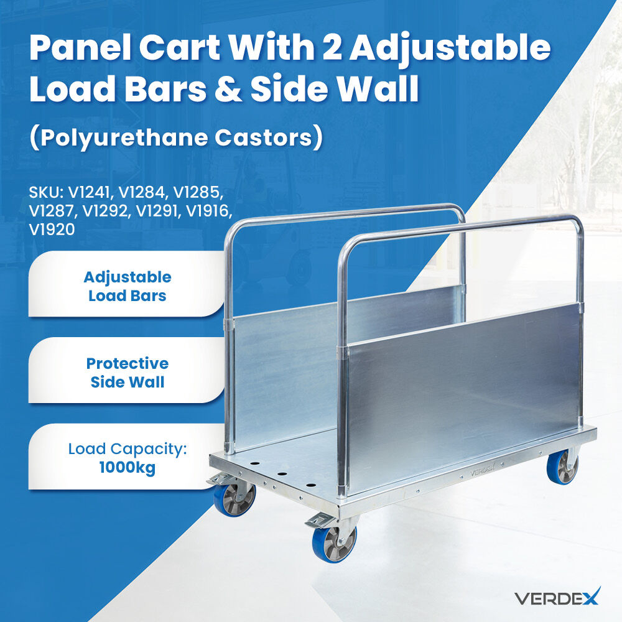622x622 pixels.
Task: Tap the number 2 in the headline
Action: click(x=332, y=47)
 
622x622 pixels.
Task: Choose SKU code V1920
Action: click(x=52, y=230)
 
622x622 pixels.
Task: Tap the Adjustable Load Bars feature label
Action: click(x=128, y=286)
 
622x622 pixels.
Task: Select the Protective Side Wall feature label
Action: click(x=128, y=373)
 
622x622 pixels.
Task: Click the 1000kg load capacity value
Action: click(x=128, y=467)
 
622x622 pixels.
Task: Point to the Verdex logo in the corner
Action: click(x=557, y=596)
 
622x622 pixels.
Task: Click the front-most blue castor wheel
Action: click(x=334, y=544)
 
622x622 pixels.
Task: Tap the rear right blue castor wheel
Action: click(x=562, y=469)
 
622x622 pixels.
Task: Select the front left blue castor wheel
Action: click(x=234, y=499)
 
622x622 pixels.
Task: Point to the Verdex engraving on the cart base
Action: click(x=483, y=471)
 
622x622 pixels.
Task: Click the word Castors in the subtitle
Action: click(x=264, y=137)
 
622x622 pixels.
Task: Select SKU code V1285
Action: click(x=197, y=192)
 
